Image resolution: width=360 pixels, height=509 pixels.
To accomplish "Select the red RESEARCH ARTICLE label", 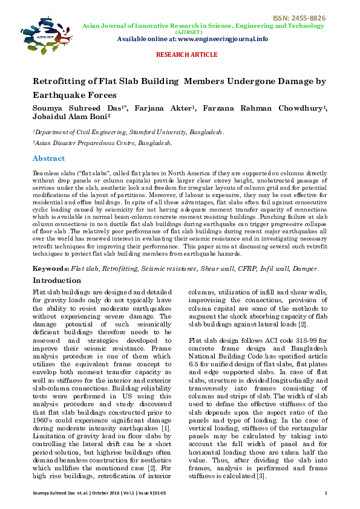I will coord(186,54).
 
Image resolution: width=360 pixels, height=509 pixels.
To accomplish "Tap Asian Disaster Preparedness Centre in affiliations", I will coord(85,143).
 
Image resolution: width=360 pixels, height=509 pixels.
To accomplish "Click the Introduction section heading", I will coord(57,280).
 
